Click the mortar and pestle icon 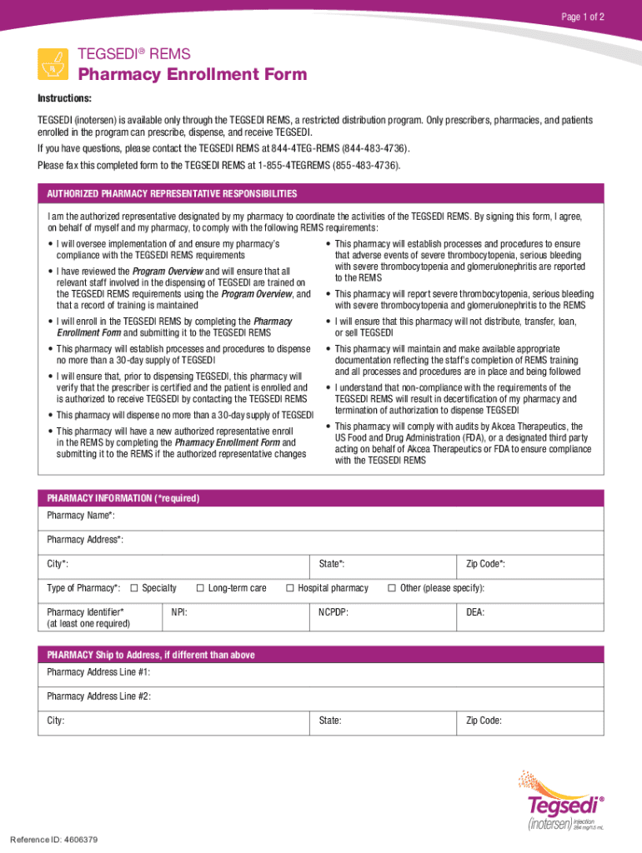(x=53, y=63)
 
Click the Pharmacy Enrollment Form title (x=192, y=75)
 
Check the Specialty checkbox (x=134, y=588)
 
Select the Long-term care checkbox (x=200, y=588)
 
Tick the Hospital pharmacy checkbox (x=290, y=588)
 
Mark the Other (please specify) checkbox (x=392, y=588)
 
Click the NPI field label (x=179, y=612)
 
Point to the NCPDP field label (x=334, y=612)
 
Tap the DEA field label (x=475, y=612)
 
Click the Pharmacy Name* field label (x=81, y=516)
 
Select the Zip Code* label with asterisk (x=485, y=565)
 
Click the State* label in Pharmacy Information (x=332, y=565)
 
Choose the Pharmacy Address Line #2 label (x=98, y=696)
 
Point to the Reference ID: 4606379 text (x=54, y=839)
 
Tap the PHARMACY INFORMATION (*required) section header (x=123, y=498)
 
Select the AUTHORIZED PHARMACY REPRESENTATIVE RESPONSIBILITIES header (x=172, y=194)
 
